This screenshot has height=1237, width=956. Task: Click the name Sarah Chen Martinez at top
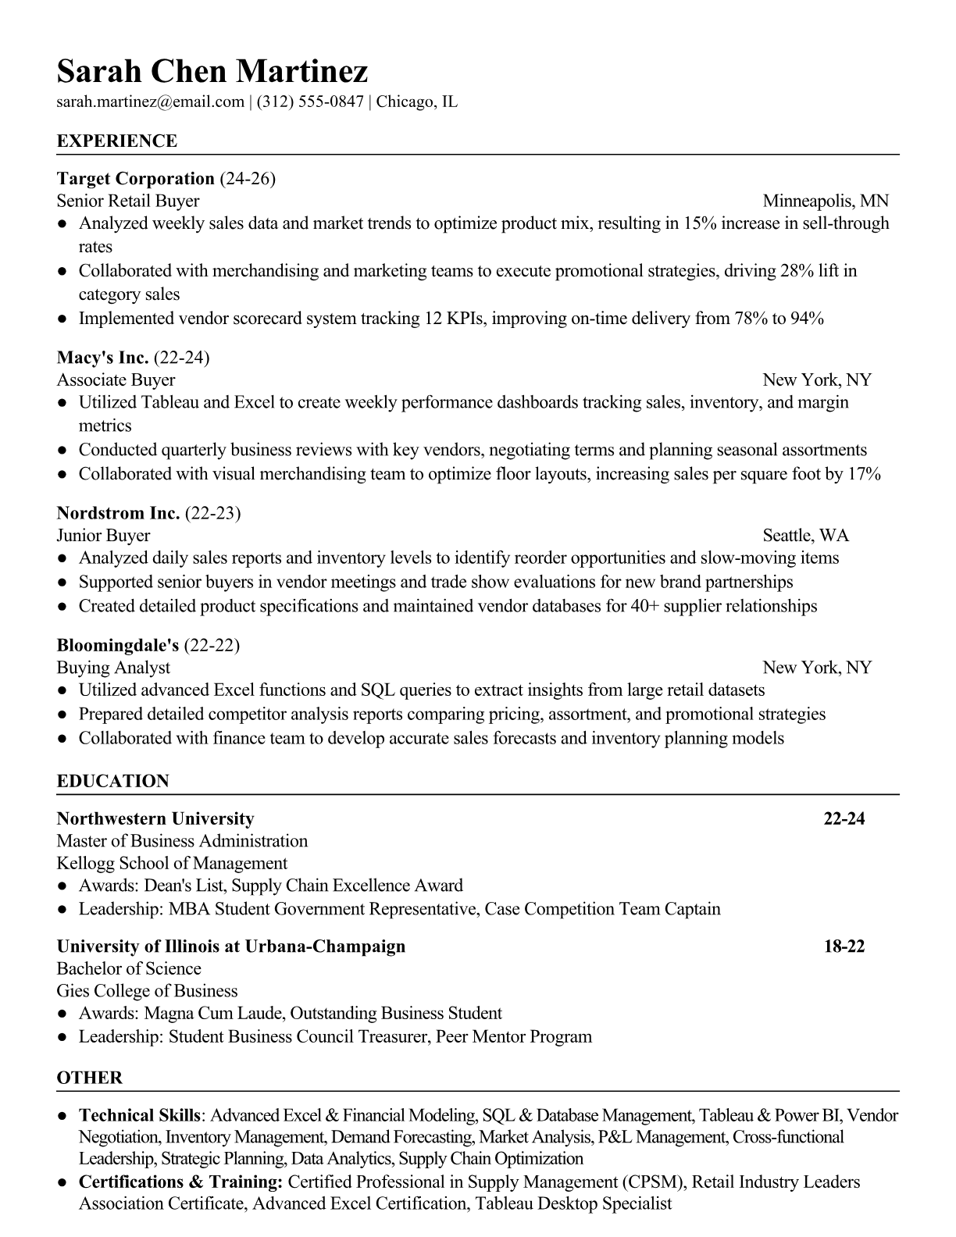coord(212,72)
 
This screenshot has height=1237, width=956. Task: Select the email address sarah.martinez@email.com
coord(151,102)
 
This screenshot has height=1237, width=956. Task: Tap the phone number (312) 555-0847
coord(310,102)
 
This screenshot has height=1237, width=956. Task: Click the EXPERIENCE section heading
coord(117,141)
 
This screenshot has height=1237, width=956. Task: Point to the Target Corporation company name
coord(136,179)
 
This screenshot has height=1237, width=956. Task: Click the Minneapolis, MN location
coord(826,201)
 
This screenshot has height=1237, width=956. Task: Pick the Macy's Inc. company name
coord(102,358)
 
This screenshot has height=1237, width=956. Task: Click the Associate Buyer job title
coord(116,380)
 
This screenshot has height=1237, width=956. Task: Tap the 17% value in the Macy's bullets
coord(864,474)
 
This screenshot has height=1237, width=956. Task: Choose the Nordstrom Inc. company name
coord(119,514)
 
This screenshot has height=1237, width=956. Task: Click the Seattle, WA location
coord(805,536)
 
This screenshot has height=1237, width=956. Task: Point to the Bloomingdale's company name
coord(118,646)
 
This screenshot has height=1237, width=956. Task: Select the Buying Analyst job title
coord(113,668)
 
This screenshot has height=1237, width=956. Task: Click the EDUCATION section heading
coord(112,782)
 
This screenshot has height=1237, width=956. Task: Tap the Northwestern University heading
coord(155,819)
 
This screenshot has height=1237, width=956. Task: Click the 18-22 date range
coord(844,947)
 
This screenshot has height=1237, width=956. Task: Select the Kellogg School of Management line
coord(172,864)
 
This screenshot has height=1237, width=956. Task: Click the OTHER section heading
coord(90,1078)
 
